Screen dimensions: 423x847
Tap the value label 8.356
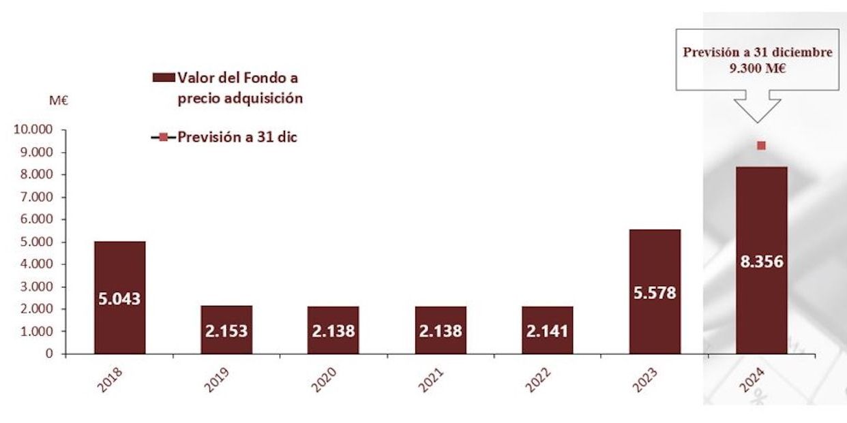tap(762, 262)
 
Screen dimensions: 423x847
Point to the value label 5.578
tap(655, 294)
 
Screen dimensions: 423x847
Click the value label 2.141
tap(548, 331)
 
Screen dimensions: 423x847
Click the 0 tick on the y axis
tap(50, 354)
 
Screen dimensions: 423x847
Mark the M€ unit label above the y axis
tap(59, 101)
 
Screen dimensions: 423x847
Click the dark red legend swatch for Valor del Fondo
tap(163, 78)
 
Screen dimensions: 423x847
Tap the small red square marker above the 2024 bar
tap(762, 145)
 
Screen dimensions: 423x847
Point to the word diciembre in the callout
tap(803, 52)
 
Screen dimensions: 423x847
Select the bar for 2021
tap(441, 330)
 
